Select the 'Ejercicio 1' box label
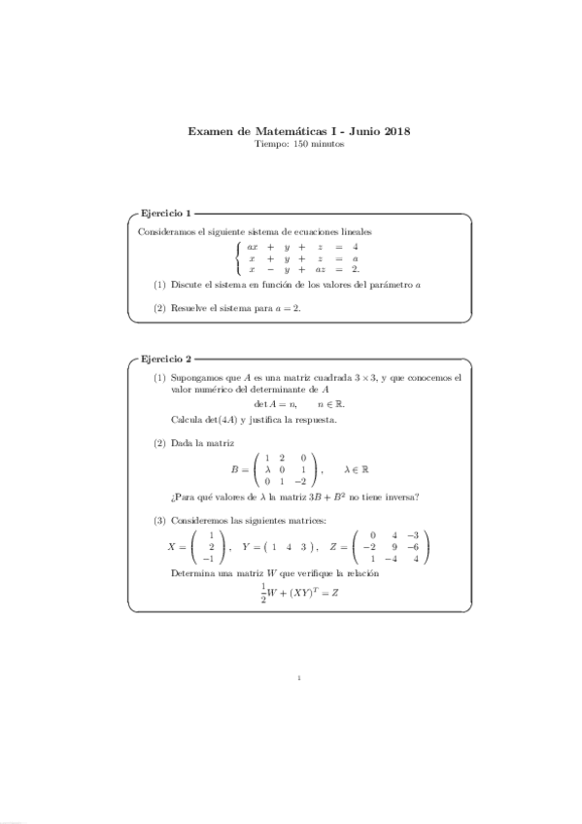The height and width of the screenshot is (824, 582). point(166,213)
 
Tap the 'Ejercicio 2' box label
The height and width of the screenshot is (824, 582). point(166,359)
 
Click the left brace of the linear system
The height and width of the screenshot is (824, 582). point(237,258)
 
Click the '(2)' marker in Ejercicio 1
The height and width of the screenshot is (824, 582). point(160,307)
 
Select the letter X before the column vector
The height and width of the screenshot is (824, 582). point(174,547)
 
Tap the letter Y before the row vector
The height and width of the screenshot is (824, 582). point(247,547)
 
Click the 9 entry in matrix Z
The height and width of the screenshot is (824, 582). point(394,547)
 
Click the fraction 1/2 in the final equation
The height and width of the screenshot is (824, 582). point(263,595)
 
